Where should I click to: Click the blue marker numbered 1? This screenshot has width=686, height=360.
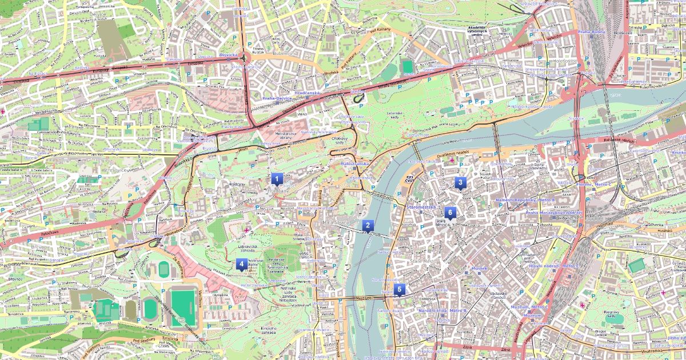click(277, 179)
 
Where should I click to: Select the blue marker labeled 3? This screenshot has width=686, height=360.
click(460, 182)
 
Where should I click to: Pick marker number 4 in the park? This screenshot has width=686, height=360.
click(241, 263)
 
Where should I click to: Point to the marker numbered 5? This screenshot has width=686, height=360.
click(399, 289)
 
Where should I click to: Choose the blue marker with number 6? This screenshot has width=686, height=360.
click(450, 213)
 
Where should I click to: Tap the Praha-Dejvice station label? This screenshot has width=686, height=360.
click(277, 98)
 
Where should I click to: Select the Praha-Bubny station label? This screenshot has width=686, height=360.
click(592, 32)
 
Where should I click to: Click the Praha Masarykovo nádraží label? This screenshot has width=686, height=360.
click(553, 213)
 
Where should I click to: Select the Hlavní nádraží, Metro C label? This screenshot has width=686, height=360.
click(553, 266)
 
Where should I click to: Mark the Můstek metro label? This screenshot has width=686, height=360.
click(479, 268)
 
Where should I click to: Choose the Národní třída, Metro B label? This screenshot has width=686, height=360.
click(450, 310)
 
